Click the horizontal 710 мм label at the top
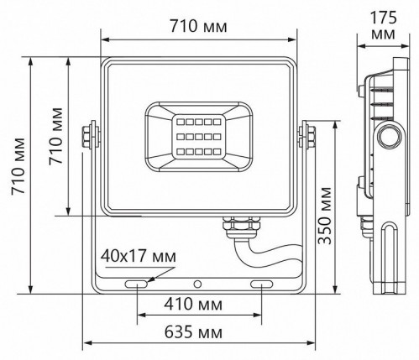click(x=199, y=26)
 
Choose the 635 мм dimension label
click(x=198, y=333)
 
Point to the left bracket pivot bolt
click(x=87, y=135)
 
